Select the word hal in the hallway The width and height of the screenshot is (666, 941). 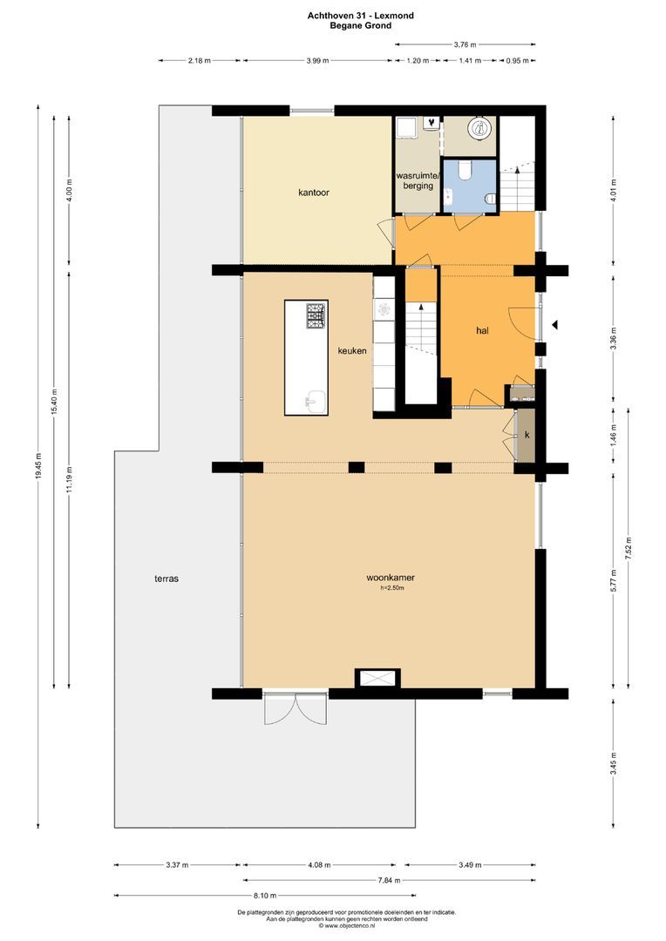pos(481,331)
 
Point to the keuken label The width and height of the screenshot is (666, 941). pos(352,350)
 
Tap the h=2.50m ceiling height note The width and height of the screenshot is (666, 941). pos(391,589)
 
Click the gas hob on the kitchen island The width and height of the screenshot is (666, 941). pos(316,315)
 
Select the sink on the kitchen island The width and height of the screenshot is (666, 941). pos(314,402)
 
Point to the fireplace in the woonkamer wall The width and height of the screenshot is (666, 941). pos(377,679)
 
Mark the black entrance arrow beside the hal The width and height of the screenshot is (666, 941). pos(554,326)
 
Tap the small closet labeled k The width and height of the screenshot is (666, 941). pos(526,434)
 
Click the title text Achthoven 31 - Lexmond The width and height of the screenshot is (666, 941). pos(360,15)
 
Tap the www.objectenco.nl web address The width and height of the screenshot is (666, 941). pos(347,926)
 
